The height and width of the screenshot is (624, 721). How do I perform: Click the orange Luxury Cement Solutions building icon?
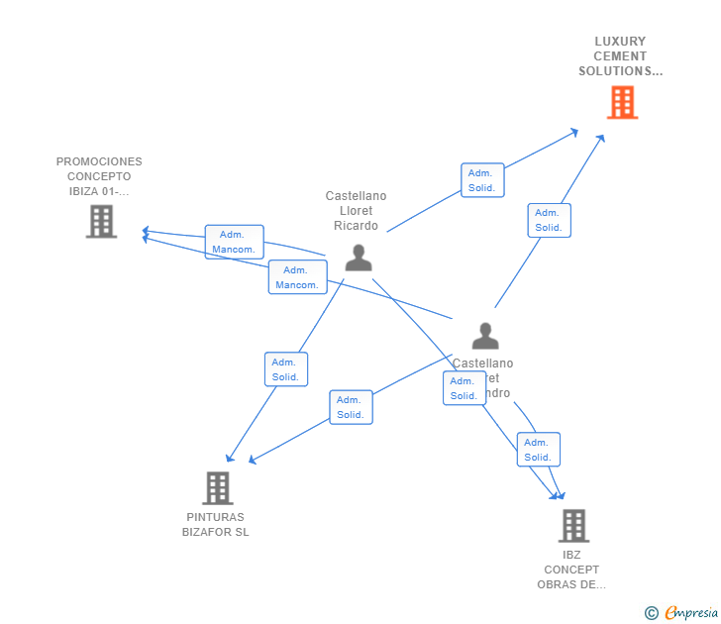pos(622,102)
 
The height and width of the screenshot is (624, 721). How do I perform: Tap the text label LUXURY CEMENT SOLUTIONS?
pos(620,56)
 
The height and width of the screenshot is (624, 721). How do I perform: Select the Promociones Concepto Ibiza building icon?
pos(101,221)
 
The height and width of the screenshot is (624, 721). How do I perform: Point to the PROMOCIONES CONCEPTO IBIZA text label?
pos(99,176)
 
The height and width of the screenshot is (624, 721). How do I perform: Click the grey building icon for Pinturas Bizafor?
pos(217,487)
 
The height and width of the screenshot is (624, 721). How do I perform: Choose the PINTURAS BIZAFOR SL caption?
pos(216,524)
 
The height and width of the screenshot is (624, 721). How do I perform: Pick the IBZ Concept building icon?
pos(572,525)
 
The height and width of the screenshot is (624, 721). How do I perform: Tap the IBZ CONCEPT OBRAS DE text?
pos(571,570)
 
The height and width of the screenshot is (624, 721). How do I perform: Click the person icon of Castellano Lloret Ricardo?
pos(358,257)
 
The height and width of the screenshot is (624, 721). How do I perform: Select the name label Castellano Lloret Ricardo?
pos(356,211)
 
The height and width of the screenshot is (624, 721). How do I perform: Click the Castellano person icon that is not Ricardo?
pos(484,336)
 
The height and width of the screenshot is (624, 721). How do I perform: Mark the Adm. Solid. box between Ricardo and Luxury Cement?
pos(482,180)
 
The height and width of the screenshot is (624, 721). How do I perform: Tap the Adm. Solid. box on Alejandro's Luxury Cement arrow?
pos(549,220)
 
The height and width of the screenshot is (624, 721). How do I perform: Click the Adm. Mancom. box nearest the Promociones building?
pos(234,242)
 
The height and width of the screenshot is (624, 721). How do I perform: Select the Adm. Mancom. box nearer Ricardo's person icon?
pos(297,277)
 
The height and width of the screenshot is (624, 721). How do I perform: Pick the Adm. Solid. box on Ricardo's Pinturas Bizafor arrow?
pos(286,369)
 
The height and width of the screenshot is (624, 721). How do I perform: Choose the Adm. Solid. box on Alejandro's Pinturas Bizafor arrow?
pos(351,407)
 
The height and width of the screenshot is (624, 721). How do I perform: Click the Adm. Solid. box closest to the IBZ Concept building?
pos(538,450)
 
